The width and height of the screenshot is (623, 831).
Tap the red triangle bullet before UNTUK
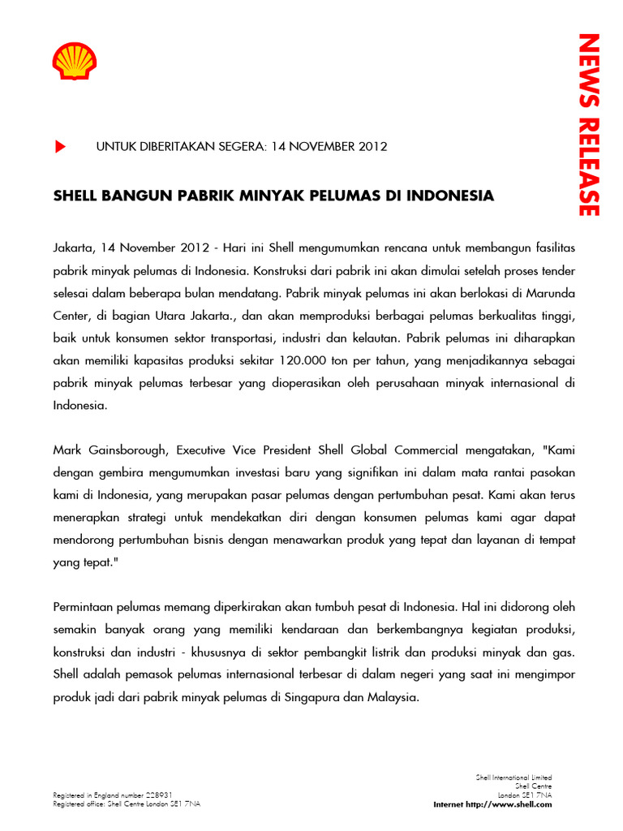click(59, 147)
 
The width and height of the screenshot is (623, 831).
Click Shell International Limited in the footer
click(513, 777)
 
